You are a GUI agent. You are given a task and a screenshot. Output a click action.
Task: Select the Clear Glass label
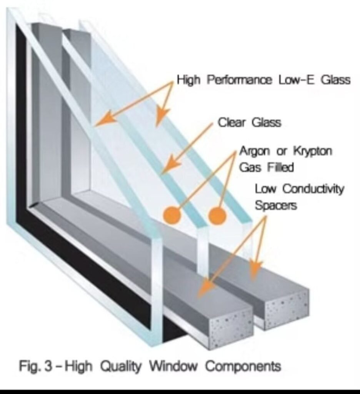click(249, 123)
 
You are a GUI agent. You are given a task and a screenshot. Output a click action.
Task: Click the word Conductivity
click(313, 189)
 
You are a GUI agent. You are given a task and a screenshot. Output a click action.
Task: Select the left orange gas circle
click(172, 215)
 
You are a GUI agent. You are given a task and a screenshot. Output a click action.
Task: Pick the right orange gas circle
click(217, 215)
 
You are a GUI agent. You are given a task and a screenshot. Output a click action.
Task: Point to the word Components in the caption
click(243, 366)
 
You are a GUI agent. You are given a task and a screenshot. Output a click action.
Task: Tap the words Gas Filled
click(266, 167)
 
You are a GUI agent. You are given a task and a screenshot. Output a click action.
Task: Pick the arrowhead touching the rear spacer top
click(255, 269)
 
